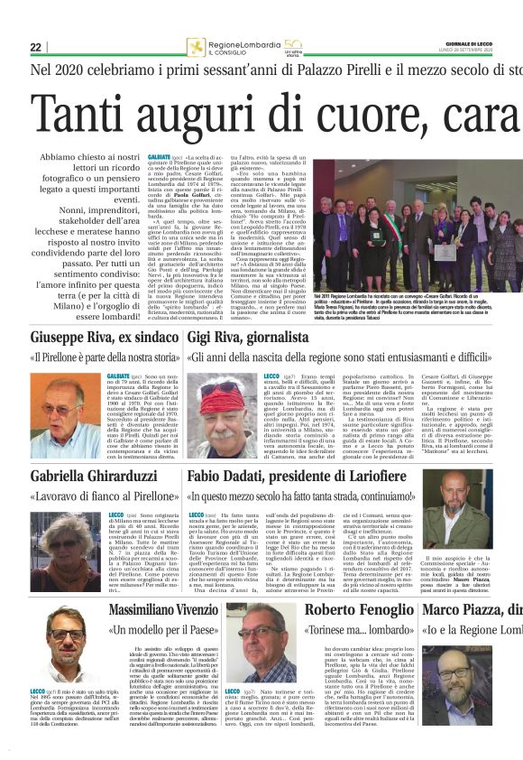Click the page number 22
[x=35, y=48]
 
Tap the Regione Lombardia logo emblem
[x=196, y=48]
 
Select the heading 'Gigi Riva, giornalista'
[x=242, y=339]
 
